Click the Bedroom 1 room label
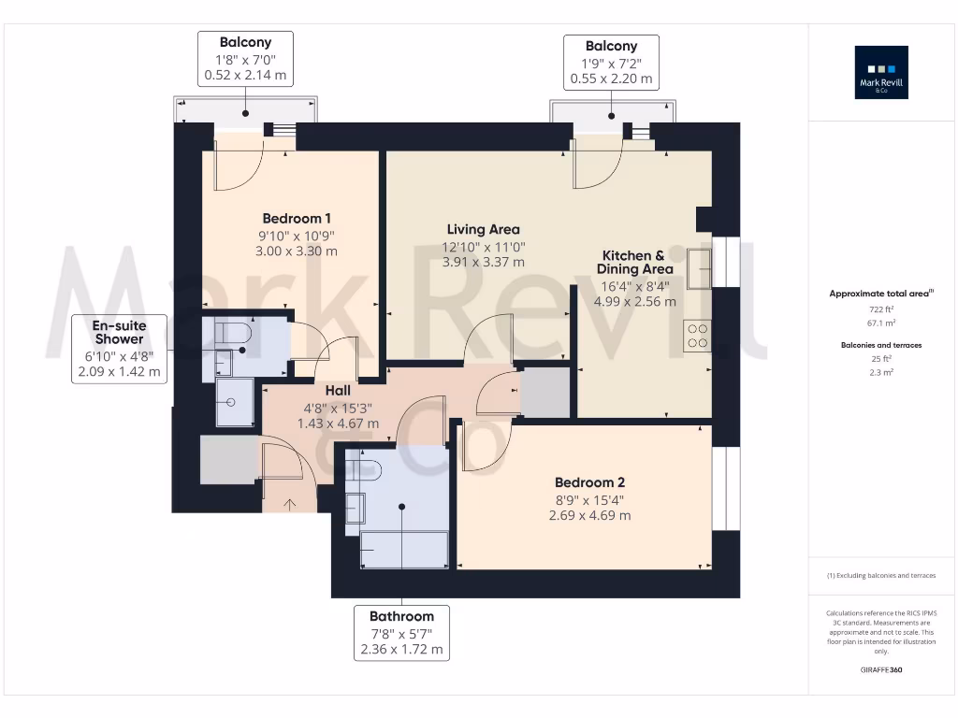click(297, 219)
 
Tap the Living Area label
click(484, 230)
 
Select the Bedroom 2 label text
click(589, 482)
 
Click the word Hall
click(338, 391)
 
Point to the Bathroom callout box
click(402, 633)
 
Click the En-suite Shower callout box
click(119, 349)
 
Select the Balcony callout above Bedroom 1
click(246, 59)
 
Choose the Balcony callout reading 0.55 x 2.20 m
click(611, 63)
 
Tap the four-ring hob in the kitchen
click(698, 336)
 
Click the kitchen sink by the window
click(700, 268)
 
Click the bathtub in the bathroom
click(404, 550)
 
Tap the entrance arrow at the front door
click(290, 504)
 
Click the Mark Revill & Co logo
click(881, 72)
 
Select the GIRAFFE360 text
click(881, 669)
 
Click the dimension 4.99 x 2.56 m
click(635, 302)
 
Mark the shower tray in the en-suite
click(235, 402)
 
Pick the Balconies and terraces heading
click(881, 345)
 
